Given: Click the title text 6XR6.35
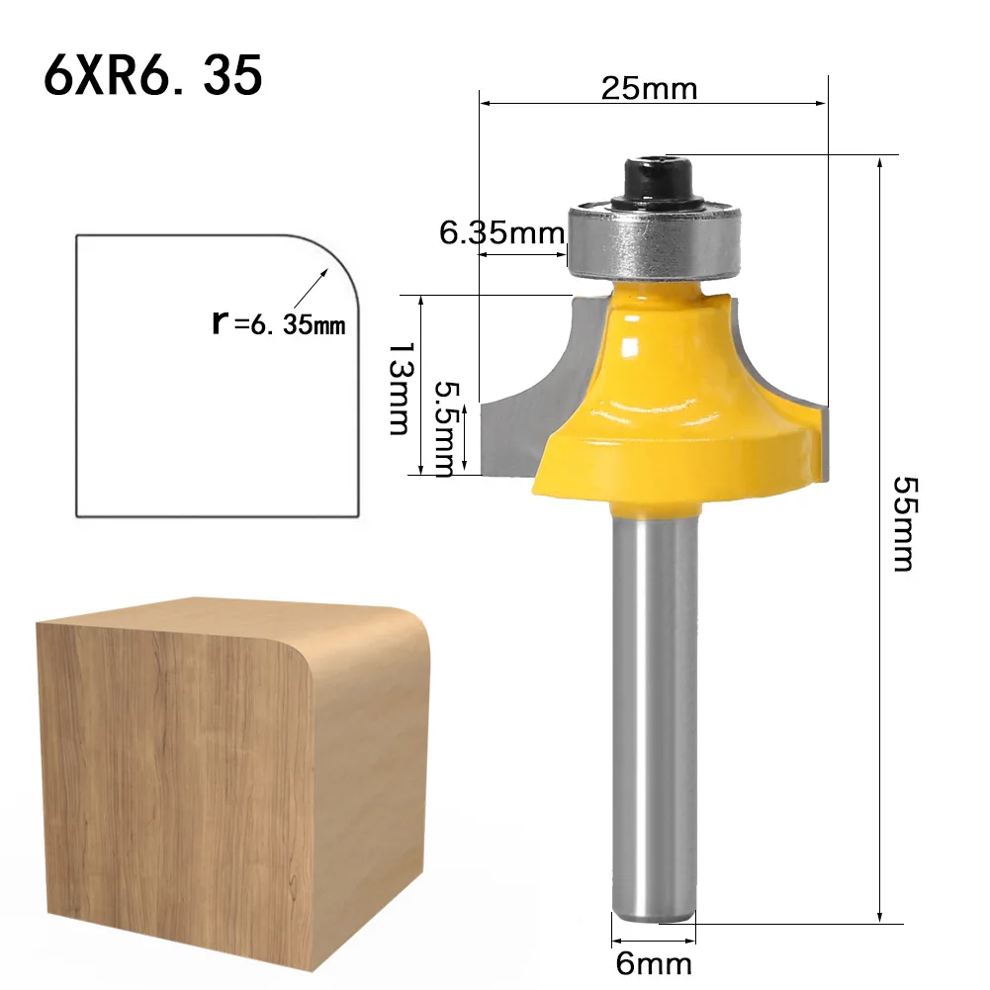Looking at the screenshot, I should pyautogui.click(x=152, y=75).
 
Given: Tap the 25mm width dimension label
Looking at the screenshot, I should pyautogui.click(x=649, y=89).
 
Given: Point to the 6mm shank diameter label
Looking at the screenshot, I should pyautogui.click(x=653, y=962).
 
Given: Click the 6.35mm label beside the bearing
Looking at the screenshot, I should pyautogui.click(x=500, y=233).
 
